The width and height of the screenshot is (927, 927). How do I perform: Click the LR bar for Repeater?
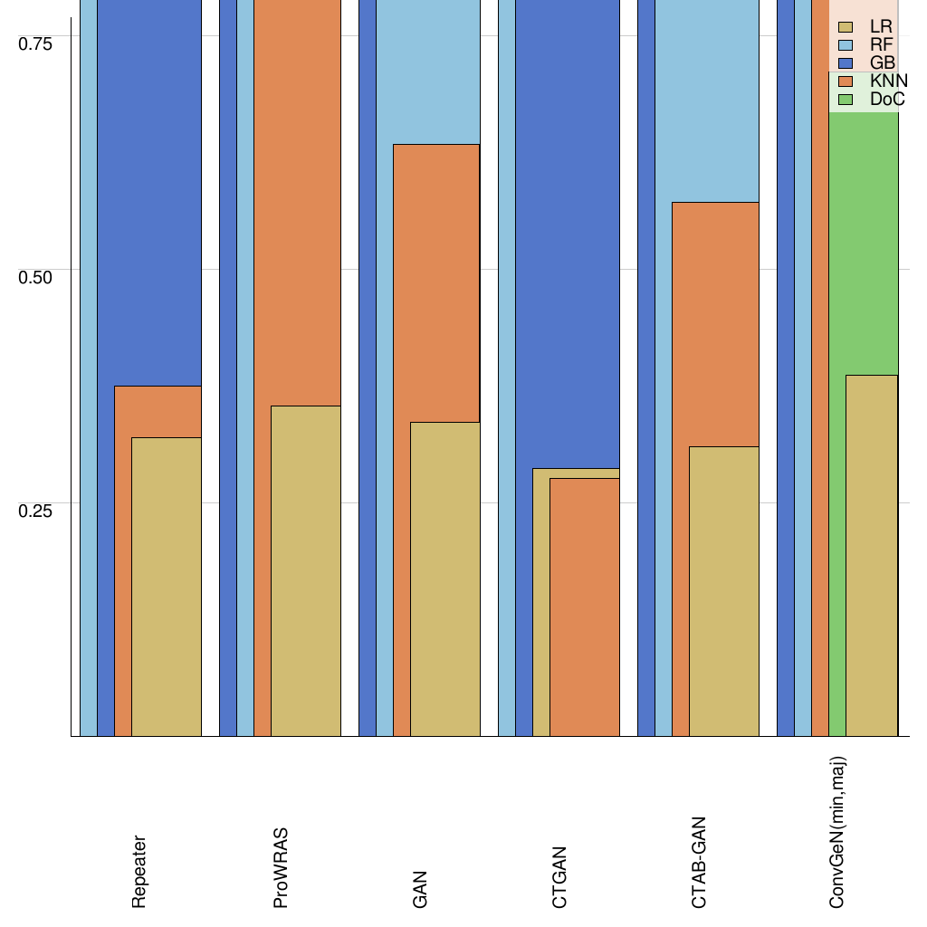click(167, 587)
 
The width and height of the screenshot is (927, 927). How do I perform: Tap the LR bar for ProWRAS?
click(306, 570)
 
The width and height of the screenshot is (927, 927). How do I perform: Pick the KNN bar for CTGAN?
click(585, 607)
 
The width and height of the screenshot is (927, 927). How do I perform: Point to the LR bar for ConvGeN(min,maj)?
click(872, 555)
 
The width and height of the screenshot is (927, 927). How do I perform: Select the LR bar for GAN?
click(444, 578)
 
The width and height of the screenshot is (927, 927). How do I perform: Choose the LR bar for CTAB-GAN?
click(723, 591)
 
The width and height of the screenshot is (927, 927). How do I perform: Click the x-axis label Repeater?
click(139, 872)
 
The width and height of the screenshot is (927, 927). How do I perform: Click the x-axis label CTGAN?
click(559, 877)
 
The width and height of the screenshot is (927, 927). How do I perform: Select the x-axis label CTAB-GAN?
click(699, 862)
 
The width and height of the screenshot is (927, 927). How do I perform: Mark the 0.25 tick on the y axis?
click(37, 510)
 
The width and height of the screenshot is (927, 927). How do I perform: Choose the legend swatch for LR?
click(847, 27)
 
